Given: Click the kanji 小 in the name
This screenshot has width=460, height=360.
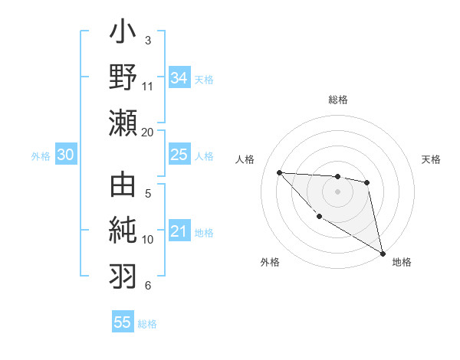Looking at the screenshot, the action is tap(123, 34).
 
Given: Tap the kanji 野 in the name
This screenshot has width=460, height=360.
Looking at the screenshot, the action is tap(123, 78).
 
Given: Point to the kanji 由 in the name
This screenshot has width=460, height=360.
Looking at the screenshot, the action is tap(123, 187).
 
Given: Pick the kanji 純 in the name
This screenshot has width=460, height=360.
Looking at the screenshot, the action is tap(123, 231).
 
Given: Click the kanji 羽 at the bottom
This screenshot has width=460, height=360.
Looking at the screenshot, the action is tap(123, 274).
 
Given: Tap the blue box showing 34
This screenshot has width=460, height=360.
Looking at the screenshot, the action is tap(179, 77).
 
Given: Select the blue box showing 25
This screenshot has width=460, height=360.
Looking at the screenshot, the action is tap(179, 155).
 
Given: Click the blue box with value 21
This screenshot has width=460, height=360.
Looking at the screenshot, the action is tap(179, 231).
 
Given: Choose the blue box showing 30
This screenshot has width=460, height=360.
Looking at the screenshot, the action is tap(65, 155).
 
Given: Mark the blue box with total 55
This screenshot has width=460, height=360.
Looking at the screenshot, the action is tap(123, 322).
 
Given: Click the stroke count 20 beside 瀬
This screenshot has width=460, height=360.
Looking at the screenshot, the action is tap(147, 132).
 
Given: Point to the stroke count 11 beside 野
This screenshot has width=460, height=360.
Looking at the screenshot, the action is tap(147, 86).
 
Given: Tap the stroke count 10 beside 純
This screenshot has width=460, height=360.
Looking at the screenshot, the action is tap(147, 240).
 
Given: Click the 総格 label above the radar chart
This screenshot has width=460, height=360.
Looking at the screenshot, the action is tap(338, 100).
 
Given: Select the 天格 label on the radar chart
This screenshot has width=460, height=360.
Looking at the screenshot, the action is tap(431, 159).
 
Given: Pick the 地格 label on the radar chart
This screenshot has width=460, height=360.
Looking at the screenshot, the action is tap(402, 262).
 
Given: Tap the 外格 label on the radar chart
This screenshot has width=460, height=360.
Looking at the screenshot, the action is tap(270, 262).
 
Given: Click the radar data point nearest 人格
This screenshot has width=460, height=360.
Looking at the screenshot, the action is tap(279, 172).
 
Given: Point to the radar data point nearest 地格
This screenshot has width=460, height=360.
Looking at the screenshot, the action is tap(383, 253).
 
